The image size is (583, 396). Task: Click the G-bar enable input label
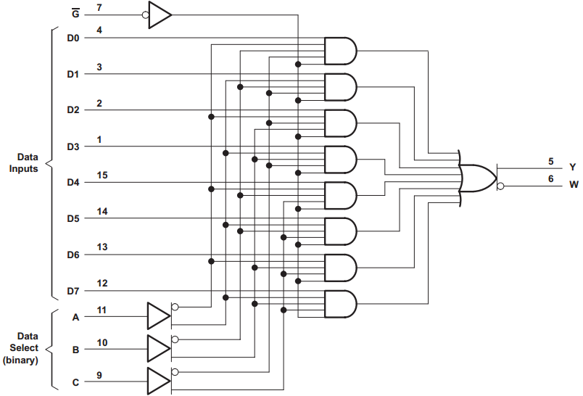(75, 12)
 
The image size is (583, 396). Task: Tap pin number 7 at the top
(99, 7)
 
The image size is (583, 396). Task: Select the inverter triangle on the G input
(160, 15)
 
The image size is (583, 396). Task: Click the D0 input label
(73, 37)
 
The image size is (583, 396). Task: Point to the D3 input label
(73, 147)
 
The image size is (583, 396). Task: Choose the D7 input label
(73, 292)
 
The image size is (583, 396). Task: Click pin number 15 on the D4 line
(102, 175)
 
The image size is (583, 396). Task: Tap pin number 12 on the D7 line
(102, 284)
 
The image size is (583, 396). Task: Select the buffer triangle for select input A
(158, 315)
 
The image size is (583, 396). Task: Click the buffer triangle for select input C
(158, 381)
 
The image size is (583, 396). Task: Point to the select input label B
(74, 349)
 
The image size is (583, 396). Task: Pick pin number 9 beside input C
(99, 374)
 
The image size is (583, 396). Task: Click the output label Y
(573, 167)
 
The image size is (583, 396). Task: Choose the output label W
(574, 186)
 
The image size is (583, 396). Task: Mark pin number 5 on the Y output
(550, 160)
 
